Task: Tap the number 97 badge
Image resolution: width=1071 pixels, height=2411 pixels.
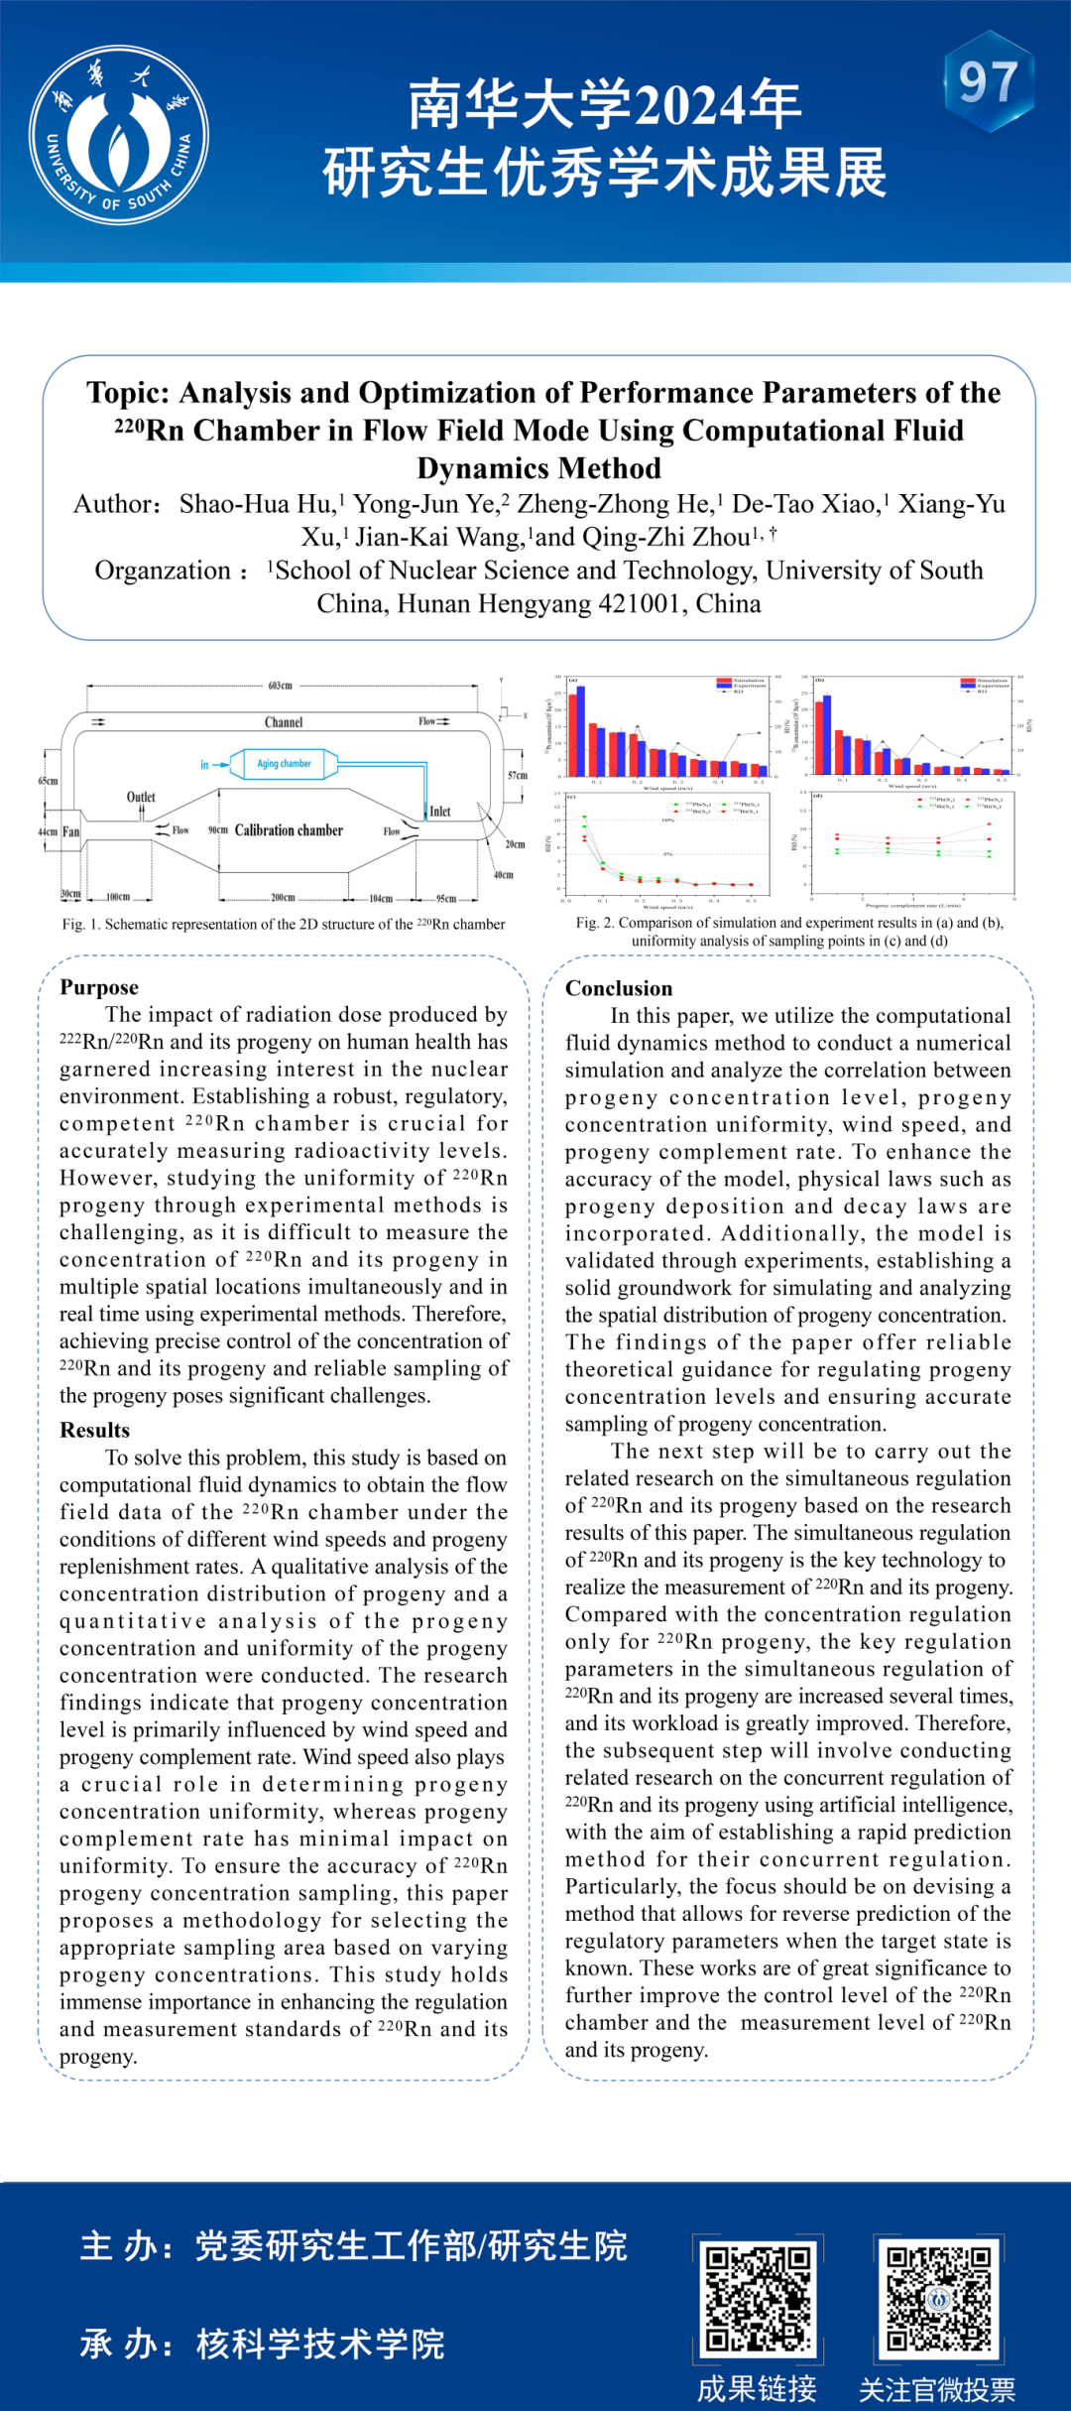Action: [988, 82]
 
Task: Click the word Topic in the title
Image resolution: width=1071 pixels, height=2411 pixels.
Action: [126, 393]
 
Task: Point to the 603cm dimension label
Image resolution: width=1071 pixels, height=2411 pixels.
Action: [281, 686]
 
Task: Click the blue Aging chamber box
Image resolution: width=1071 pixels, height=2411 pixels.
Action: [284, 763]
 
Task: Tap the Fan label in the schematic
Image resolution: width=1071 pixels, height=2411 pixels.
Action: [71, 831]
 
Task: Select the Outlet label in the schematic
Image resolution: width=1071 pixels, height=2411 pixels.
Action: [141, 797]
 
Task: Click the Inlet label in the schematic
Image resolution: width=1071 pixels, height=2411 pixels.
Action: [440, 811]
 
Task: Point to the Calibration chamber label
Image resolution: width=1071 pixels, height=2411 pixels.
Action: [289, 830]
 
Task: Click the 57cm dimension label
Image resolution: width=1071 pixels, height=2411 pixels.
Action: [517, 775]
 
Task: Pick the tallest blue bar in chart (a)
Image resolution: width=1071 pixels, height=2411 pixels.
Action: [581, 730]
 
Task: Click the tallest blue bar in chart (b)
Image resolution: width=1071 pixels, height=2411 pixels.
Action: [827, 734]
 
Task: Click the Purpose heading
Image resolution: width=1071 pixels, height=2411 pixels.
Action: [99, 987]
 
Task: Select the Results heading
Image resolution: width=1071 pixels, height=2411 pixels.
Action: [95, 1430]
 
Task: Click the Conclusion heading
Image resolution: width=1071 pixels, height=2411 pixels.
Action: [619, 988]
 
